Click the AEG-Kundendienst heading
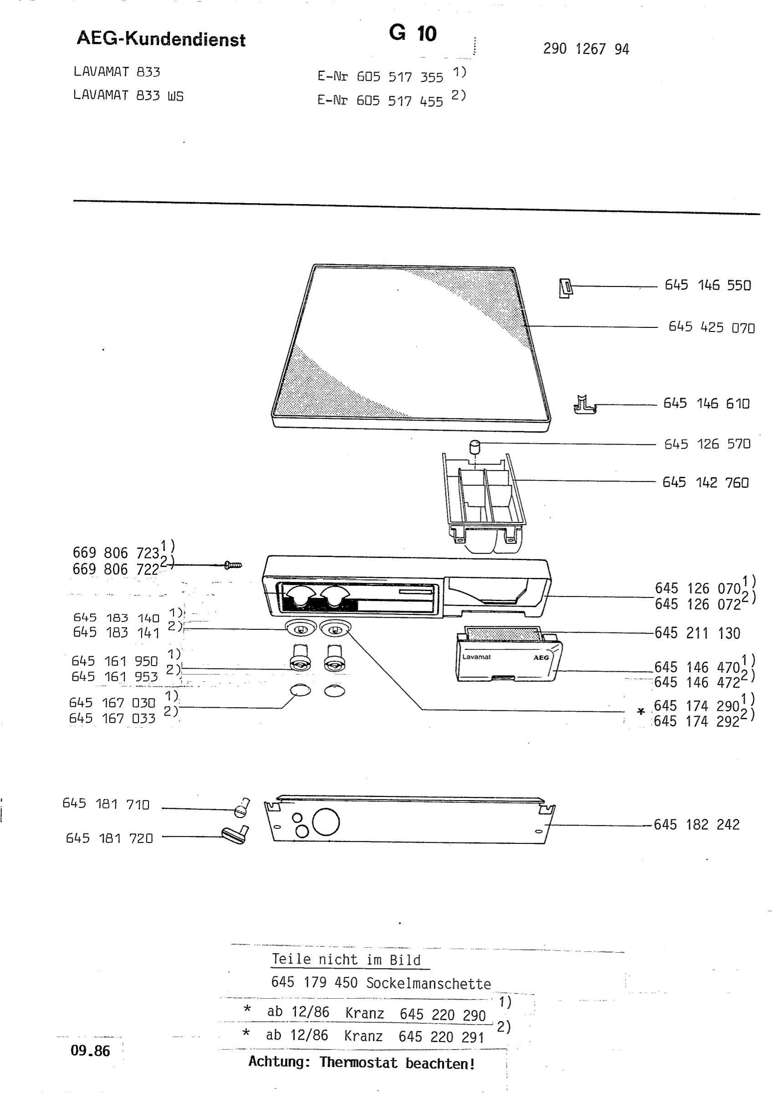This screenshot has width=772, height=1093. point(161,39)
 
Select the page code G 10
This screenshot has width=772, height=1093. point(413,33)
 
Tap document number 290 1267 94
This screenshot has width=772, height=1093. point(586,49)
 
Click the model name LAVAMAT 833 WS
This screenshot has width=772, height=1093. point(128,95)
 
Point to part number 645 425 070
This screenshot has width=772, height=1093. point(711,327)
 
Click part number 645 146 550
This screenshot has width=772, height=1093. point(708,285)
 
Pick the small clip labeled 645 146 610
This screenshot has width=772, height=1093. point(584,405)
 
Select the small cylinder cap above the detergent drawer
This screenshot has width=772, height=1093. point(475,447)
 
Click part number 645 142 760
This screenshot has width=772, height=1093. point(706,482)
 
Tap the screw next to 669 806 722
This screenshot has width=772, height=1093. point(233,565)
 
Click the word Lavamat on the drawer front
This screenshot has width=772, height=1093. point(476,657)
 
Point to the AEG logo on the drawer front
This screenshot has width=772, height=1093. point(541,658)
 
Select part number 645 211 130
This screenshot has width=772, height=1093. point(697,633)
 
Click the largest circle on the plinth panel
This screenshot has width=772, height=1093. point(326,822)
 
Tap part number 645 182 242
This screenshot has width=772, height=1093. point(697,824)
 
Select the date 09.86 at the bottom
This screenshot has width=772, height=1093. point(90,1051)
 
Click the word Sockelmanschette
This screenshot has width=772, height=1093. point(429,984)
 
